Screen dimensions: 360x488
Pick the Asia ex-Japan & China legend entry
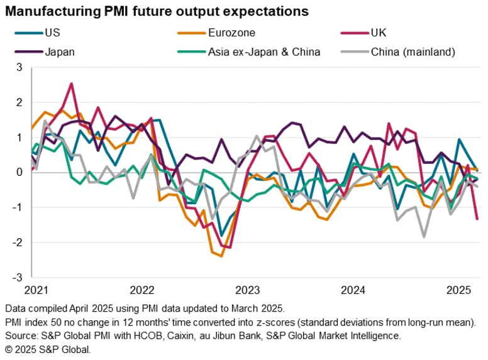tap(263, 52)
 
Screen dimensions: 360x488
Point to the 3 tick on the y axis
tap(19, 67)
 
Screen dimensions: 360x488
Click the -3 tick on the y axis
tap(17, 277)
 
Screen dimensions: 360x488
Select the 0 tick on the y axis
tap(19, 172)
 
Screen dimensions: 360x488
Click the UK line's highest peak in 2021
tap(72, 84)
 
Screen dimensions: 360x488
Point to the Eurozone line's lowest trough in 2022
tap(221, 256)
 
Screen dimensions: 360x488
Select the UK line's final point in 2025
tap(477, 219)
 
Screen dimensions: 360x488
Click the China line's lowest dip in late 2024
tap(424, 237)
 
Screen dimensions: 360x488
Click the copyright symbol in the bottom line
tap(9, 349)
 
